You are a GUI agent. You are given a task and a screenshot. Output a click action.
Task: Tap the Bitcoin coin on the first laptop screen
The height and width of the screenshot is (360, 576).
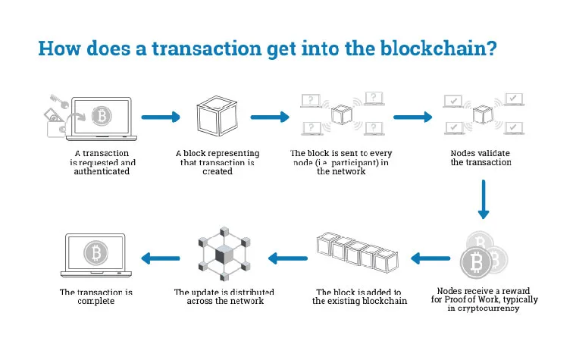pos(99,115)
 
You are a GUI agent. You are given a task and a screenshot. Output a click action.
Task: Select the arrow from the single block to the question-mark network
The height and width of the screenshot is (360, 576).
pos(270,117)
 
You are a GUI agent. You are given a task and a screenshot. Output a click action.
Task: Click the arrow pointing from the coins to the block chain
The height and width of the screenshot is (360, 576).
pos(430,258)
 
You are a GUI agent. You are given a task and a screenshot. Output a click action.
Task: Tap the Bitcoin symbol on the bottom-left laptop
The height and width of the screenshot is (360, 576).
pos(95,251)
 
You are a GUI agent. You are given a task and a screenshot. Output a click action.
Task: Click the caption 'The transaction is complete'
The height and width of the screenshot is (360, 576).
pos(96,296)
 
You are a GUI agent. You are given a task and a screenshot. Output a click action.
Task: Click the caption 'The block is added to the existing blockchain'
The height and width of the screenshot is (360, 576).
pos(359,296)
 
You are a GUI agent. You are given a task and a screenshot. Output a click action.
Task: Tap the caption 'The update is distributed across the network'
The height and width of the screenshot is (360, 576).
pos(224,296)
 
